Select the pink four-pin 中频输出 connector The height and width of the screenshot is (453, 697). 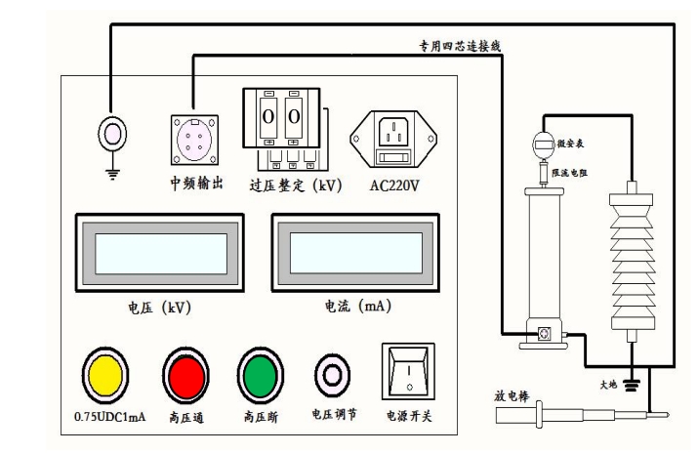tap(192, 138)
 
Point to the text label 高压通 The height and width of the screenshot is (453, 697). tap(185, 416)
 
